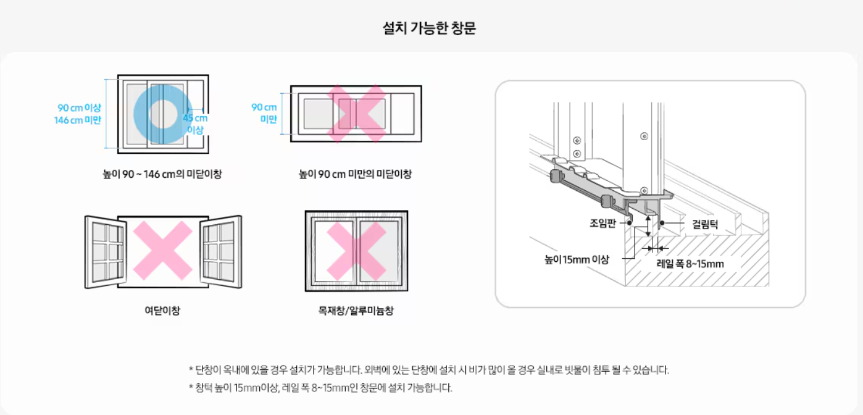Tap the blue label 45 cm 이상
coord(196,124)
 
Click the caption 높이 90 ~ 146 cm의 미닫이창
coord(162,174)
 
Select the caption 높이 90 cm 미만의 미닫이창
coord(356,174)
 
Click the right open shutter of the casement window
coord(222,251)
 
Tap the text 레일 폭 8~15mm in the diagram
coord(690,264)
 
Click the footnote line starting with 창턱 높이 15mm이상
coord(320,388)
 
